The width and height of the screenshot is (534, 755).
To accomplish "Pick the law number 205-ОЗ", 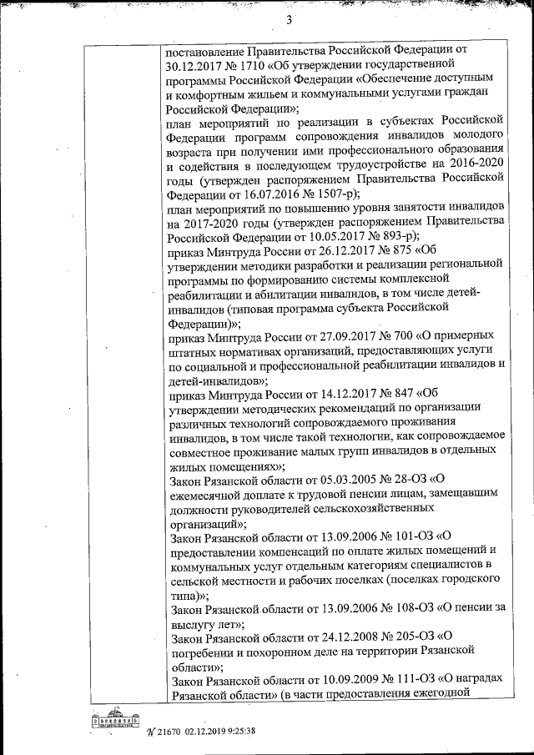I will pos(409,639).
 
